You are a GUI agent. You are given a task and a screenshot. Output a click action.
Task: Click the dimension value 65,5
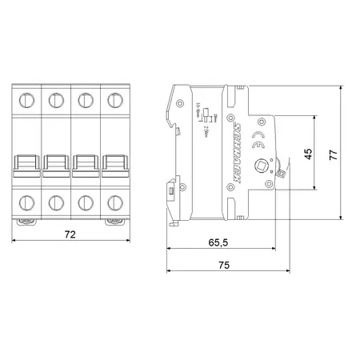pos(209,241)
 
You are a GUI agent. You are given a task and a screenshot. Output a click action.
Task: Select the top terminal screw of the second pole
pos(56,102)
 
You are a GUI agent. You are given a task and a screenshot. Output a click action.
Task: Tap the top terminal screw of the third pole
pos(84,102)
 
